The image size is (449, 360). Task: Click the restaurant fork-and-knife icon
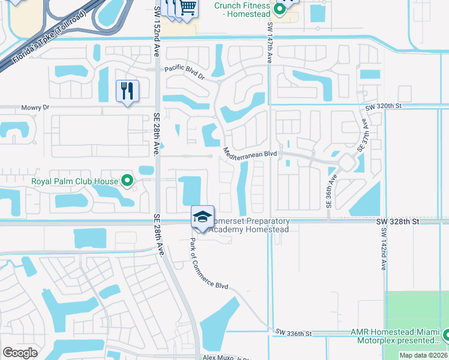click(127, 91)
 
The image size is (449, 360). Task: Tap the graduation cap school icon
click(202, 216)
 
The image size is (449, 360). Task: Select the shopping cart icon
click(188, 8)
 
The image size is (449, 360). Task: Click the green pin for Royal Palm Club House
click(127, 179)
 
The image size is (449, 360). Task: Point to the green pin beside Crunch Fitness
click(279, 8)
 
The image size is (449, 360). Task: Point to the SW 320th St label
click(383, 106)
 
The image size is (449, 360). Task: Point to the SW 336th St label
click(294, 332)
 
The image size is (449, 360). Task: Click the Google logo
click(20, 352)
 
